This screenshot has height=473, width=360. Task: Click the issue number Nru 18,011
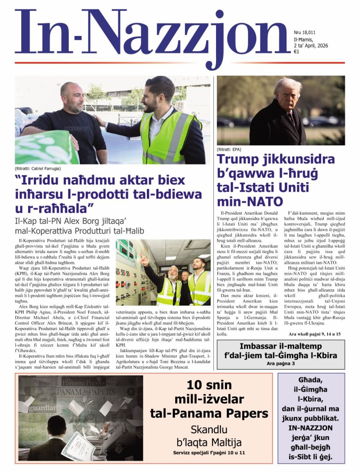point(304,33)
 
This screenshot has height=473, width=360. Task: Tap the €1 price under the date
point(296,52)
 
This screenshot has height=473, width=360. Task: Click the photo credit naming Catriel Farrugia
point(38,169)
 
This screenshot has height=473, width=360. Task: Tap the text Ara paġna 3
point(280,363)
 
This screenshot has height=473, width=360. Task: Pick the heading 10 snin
point(209,385)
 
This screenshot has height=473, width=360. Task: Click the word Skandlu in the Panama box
point(209,430)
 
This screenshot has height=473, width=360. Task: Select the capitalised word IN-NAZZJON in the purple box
point(310,428)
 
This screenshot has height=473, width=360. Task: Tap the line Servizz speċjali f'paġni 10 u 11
point(209,453)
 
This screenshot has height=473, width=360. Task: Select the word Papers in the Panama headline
point(247,413)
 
